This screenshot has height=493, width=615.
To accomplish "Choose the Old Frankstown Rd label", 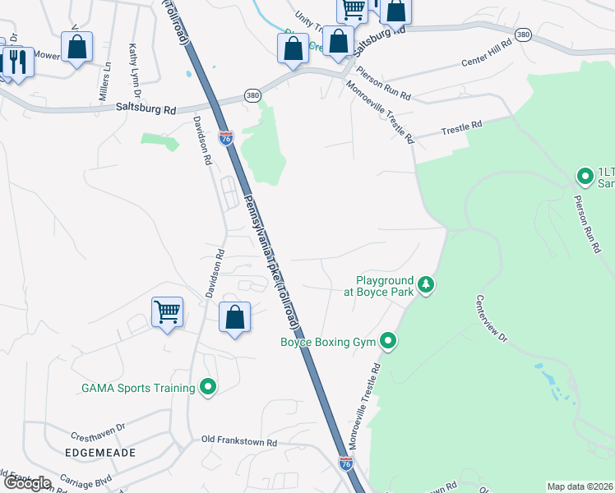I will (239, 442).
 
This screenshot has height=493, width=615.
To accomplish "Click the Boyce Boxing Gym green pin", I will (387, 341).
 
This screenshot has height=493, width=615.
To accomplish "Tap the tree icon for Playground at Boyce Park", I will (426, 285).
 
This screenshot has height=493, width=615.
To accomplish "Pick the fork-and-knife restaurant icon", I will (17, 61).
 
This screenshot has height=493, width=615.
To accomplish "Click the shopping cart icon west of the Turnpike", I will (167, 312).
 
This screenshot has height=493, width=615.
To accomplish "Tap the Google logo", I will (26, 483).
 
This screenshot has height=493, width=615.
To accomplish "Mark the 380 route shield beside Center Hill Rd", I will (523, 35).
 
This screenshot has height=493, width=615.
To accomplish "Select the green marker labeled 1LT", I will (585, 176).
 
